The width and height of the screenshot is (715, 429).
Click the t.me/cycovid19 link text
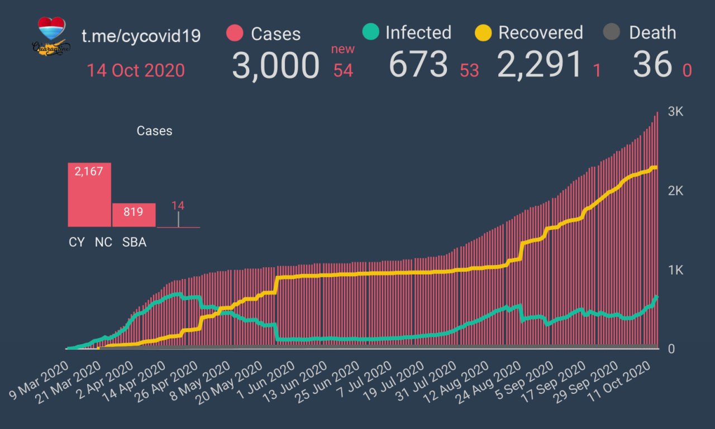[141, 36]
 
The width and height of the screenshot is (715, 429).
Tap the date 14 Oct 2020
[135, 71]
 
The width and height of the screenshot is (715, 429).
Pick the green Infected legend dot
[370, 32]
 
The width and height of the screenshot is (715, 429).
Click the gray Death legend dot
[613, 32]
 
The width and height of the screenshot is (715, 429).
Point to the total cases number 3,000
[275, 66]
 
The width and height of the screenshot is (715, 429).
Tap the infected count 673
[418, 65]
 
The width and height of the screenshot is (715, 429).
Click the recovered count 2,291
[540, 65]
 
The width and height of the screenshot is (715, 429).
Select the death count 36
[652, 65]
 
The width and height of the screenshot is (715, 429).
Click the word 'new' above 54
[342, 49]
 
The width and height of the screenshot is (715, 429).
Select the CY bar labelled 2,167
[89, 195]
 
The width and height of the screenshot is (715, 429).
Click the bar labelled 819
[134, 215]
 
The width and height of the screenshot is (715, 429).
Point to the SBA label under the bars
[134, 243]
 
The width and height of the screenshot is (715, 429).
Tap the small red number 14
[178, 205]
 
